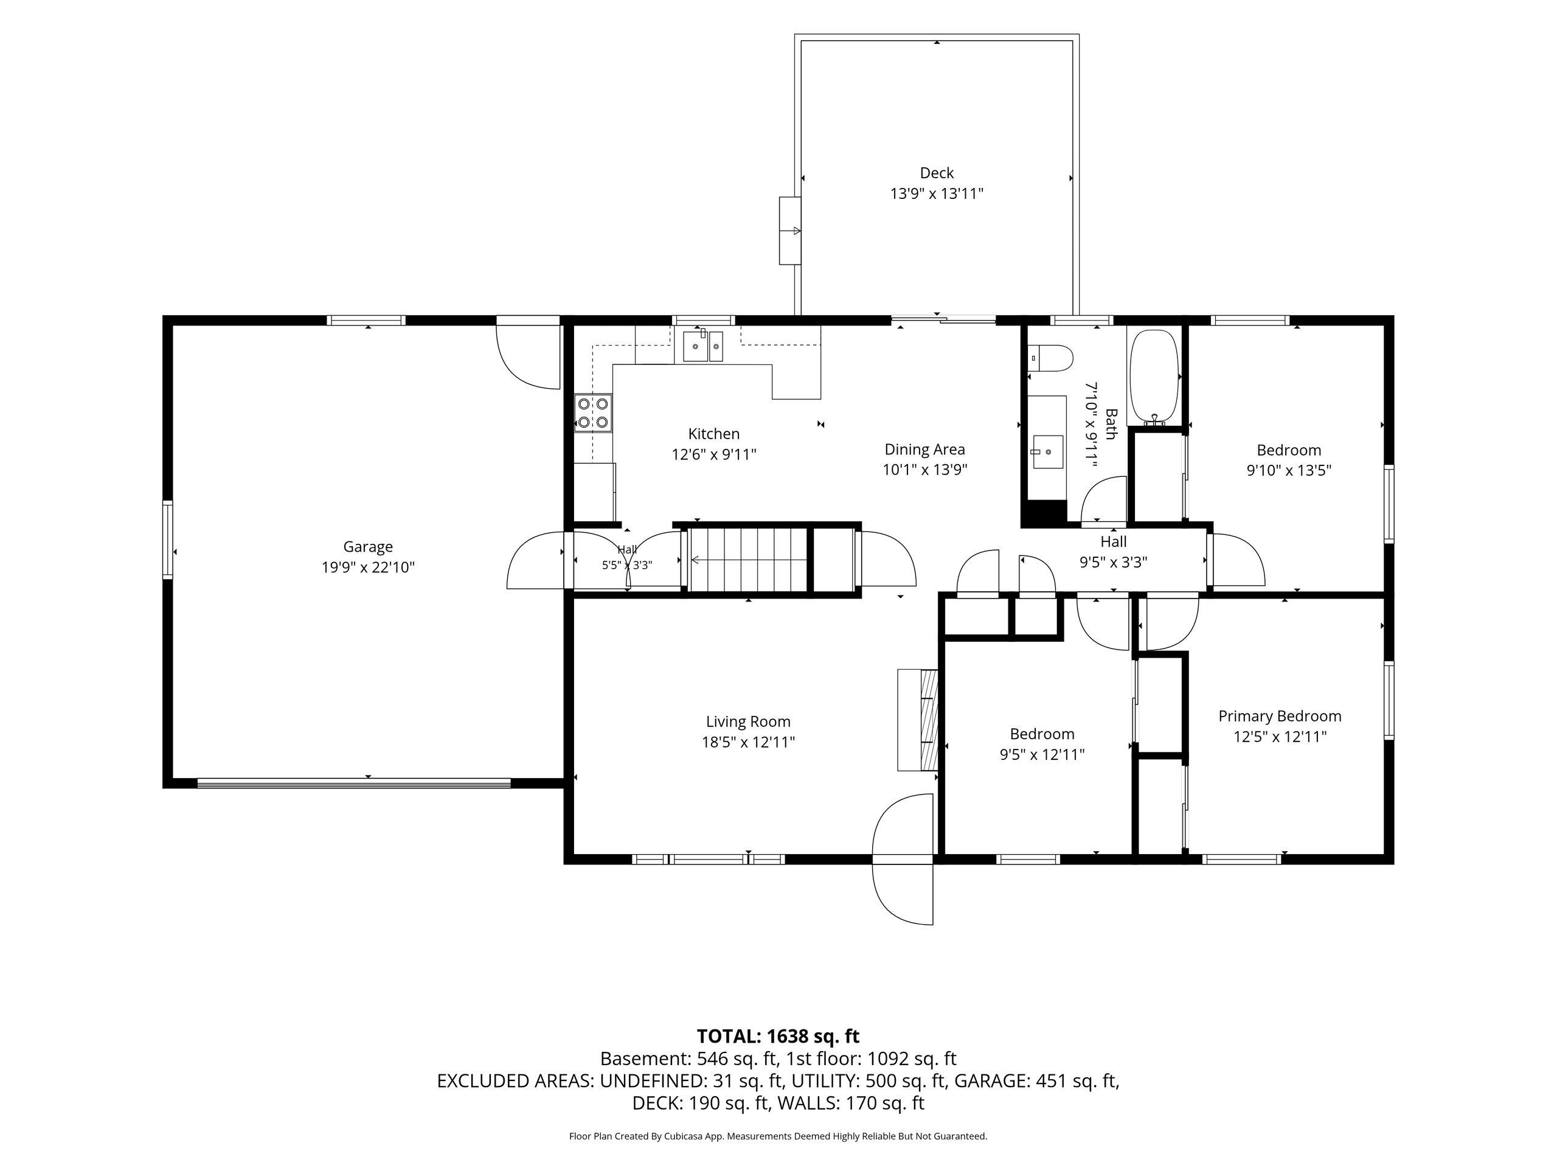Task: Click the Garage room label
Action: coord(367,546)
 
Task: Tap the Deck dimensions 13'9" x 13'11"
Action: coord(936,193)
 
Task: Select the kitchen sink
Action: coord(703,346)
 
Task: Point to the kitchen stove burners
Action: coord(594,412)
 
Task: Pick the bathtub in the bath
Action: coord(1154,377)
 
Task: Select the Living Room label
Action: coord(748,721)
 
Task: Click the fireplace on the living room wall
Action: coord(918,720)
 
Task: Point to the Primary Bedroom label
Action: coord(1280,716)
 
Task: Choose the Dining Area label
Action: coord(925,449)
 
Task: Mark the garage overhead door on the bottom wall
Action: coord(354,782)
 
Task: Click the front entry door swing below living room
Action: coord(903,859)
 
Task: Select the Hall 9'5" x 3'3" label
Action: coord(1114,551)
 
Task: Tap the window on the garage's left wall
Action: coord(167,540)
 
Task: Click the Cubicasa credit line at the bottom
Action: coord(778,1136)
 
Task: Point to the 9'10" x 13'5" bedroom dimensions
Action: coord(1289,470)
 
